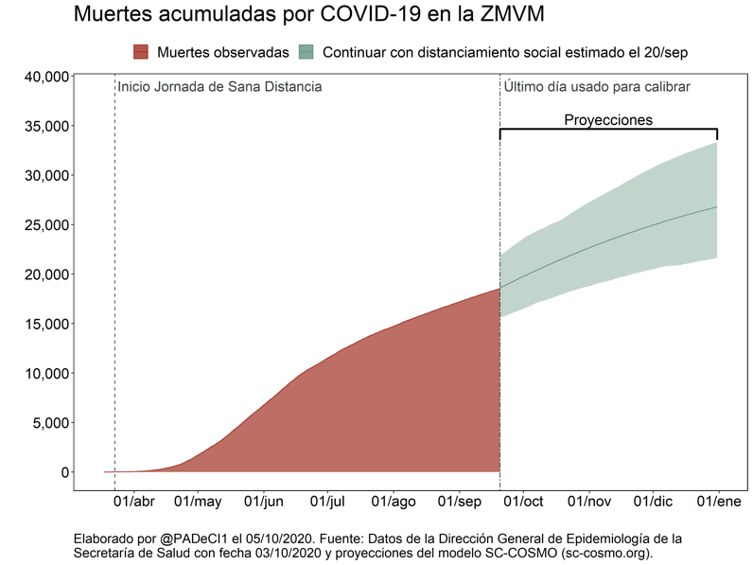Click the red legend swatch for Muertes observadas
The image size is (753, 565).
[141, 51]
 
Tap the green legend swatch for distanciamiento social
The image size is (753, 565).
[306, 51]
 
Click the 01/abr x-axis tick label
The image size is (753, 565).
[134, 502]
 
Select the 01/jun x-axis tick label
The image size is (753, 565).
[264, 502]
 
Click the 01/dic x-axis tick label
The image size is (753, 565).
[653, 502]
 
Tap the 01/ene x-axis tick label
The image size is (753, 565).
[718, 502]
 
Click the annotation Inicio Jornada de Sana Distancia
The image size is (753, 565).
[219, 87]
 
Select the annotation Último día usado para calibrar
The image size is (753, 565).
[597, 87]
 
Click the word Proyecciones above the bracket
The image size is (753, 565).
[608, 120]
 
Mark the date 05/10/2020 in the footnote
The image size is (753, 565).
[278, 538]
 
